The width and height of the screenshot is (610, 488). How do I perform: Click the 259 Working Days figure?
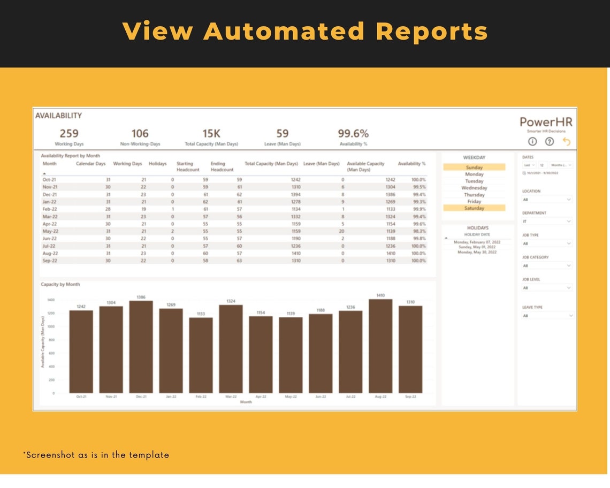click(x=69, y=133)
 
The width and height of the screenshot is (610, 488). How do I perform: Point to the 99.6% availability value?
click(x=353, y=133)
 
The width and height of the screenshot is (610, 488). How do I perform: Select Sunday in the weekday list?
click(x=474, y=167)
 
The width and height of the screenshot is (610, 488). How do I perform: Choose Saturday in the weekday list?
click(x=474, y=208)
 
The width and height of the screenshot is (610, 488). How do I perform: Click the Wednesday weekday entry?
click(x=474, y=188)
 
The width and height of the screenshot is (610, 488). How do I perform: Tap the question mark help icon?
click(x=550, y=142)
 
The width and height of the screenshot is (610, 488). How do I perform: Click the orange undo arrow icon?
click(x=567, y=141)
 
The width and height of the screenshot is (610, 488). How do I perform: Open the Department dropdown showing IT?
click(x=547, y=221)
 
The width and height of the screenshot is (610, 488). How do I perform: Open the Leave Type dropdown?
click(x=547, y=316)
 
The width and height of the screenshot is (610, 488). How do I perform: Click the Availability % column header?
click(x=411, y=164)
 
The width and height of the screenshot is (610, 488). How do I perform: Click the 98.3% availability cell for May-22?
click(x=418, y=231)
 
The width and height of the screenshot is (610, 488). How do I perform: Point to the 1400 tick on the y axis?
click(x=51, y=300)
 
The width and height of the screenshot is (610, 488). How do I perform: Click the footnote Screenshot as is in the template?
click(x=96, y=455)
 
